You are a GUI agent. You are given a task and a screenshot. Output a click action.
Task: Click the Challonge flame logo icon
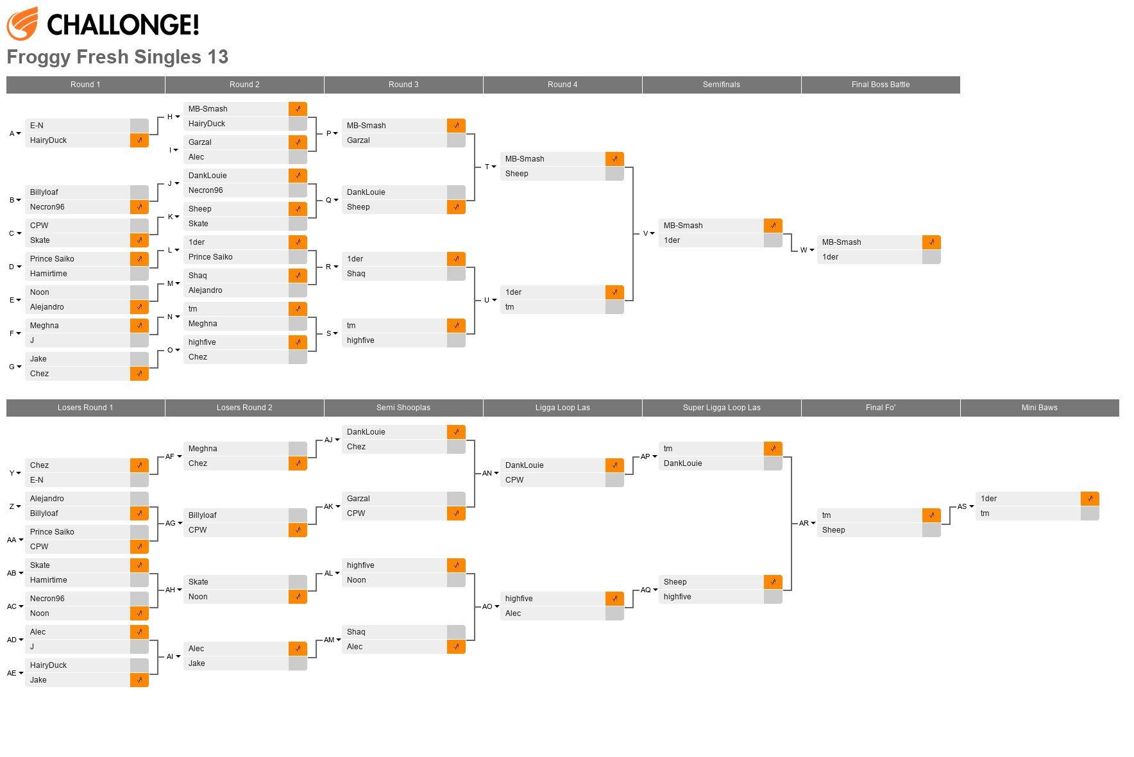pos(22,24)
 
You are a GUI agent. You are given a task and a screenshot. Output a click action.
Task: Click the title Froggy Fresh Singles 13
pos(117,57)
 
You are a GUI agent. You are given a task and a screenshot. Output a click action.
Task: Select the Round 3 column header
pos(403,85)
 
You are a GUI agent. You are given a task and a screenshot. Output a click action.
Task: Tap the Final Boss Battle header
pos(881,85)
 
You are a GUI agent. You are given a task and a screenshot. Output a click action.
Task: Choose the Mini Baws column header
pos(1039,408)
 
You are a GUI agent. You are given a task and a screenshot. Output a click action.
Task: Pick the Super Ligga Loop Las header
pos(722,408)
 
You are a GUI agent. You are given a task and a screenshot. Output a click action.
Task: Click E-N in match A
pos(37,126)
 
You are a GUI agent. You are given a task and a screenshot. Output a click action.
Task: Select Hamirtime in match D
pos(49,274)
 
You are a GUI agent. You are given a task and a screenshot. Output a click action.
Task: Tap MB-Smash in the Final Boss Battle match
pos(842,242)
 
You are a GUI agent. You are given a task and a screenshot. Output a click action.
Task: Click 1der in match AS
pos(988,499)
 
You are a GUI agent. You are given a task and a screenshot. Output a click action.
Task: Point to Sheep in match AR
pos(833,530)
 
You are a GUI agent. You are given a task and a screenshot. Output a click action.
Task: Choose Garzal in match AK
pos(359,499)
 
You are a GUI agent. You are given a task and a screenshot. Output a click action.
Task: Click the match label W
pos(804,250)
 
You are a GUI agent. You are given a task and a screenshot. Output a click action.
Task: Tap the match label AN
pos(487,473)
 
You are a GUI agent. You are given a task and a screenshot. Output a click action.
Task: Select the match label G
pos(12,367)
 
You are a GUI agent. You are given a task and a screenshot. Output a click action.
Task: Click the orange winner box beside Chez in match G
pos(139,374)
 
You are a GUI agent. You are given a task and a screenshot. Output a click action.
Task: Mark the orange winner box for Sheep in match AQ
pos(773,582)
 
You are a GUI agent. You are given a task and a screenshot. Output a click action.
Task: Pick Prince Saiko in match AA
pos(52,532)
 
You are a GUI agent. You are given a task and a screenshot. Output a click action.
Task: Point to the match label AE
pos(12,673)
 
